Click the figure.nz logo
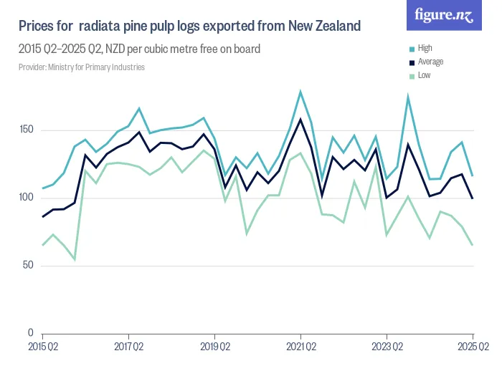(444, 15)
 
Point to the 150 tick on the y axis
(27, 130)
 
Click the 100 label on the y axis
(27, 198)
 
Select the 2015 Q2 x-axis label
(42, 347)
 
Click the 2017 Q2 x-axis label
(128, 347)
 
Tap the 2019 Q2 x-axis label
(214, 347)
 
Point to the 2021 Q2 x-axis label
(300, 347)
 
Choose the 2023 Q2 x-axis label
(387, 347)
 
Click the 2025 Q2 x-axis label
(472, 347)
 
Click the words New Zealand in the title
(324, 26)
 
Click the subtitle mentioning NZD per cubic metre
(139, 49)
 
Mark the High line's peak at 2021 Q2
(300, 92)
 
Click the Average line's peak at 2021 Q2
(300, 119)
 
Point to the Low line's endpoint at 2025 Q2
(472, 245)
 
